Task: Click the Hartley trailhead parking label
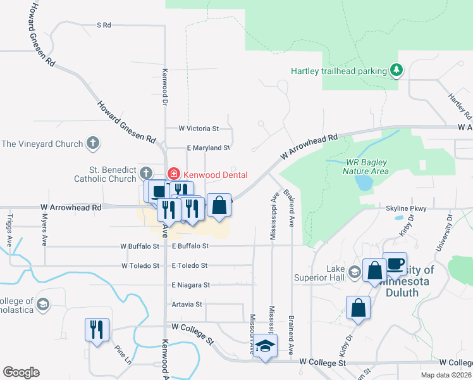tap(338, 71)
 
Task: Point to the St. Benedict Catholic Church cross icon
tap(145, 173)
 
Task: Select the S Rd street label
tap(104, 25)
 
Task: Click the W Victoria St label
tap(198, 128)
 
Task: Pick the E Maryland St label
tap(208, 148)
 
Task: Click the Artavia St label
tap(187, 304)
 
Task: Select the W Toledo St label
tap(140, 265)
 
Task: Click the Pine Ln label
tap(123, 354)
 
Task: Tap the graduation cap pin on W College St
tap(265, 346)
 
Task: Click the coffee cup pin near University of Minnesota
tap(395, 263)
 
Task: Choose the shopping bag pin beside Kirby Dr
tap(359, 308)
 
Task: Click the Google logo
tap(21, 372)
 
